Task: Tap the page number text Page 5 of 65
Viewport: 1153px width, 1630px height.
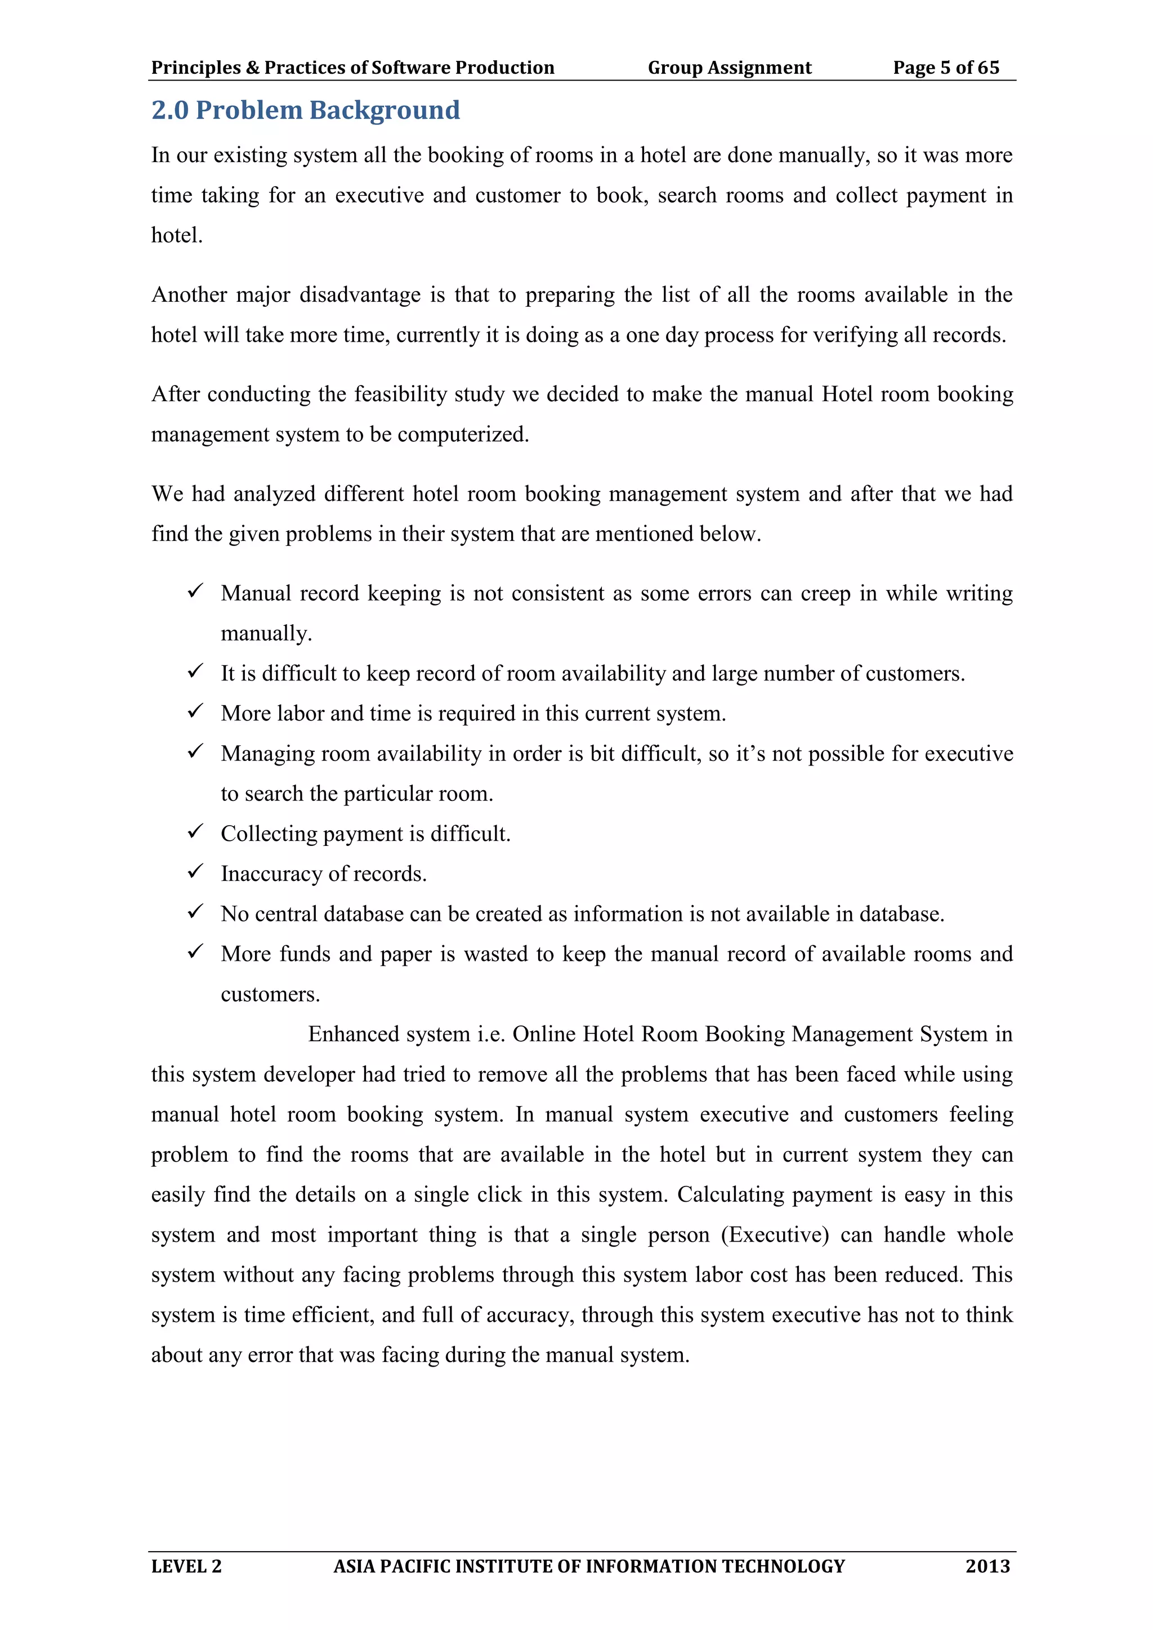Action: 946,68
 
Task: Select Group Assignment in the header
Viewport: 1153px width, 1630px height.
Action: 729,68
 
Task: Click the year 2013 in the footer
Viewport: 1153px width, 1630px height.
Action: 987,1565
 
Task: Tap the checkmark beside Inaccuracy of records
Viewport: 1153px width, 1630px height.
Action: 195,871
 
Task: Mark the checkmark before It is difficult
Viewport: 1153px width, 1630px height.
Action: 195,671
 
